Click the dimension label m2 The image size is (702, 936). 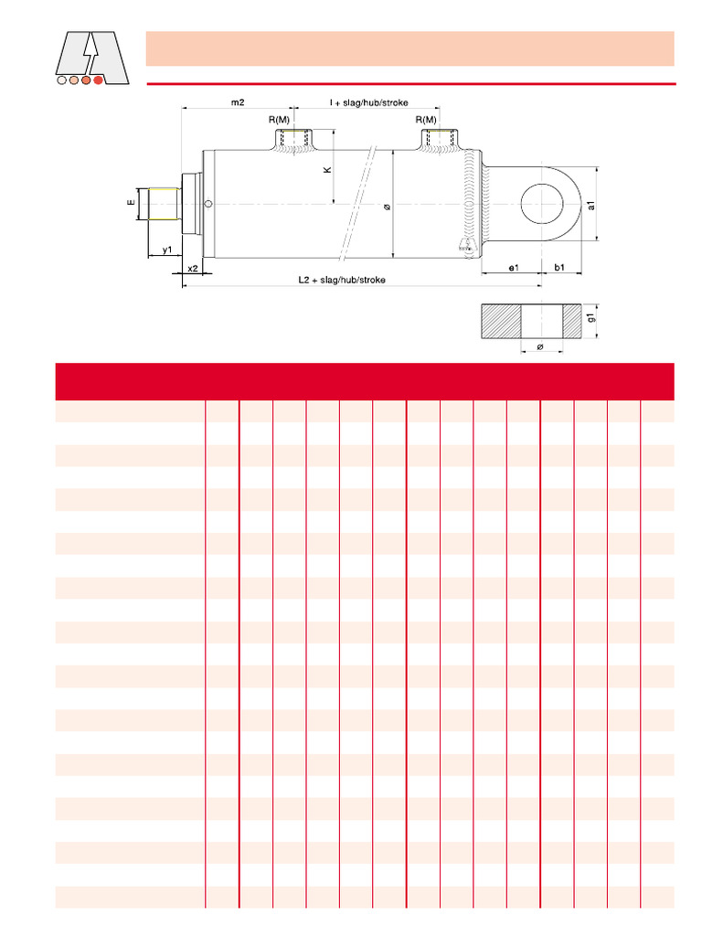point(238,102)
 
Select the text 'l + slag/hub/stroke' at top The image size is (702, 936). point(369,102)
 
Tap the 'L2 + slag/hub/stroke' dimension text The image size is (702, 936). point(342,280)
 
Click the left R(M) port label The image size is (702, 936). point(279,120)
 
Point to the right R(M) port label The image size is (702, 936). point(426,120)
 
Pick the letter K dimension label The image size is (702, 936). point(327,170)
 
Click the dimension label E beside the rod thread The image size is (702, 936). point(132,203)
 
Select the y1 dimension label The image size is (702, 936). point(167,249)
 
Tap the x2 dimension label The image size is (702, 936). point(192,268)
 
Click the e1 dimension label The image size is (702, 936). point(514,268)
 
